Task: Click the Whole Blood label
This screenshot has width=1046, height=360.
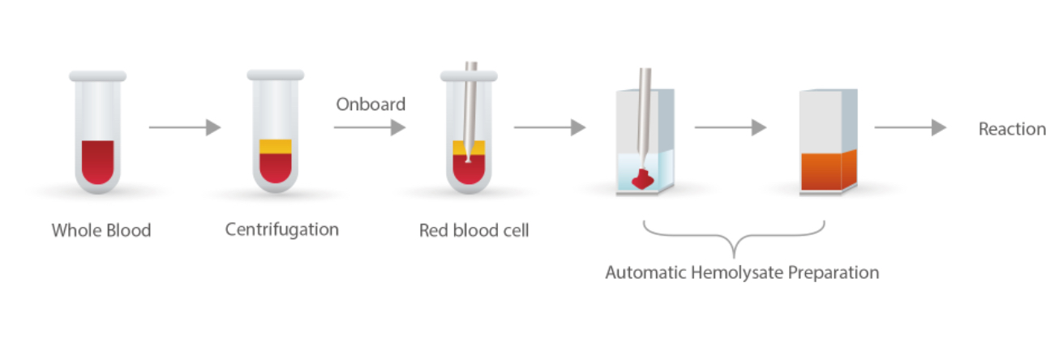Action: pyautogui.click(x=101, y=230)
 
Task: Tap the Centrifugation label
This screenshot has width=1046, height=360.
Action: pyautogui.click(x=282, y=229)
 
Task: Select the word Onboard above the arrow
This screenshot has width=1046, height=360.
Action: pyautogui.click(x=371, y=105)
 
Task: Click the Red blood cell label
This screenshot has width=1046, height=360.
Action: pyautogui.click(x=474, y=230)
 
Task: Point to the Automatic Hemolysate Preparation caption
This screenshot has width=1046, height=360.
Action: pyautogui.click(x=742, y=272)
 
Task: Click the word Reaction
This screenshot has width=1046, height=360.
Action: pyautogui.click(x=1012, y=129)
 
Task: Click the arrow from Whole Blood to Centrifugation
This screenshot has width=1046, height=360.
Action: pyautogui.click(x=185, y=127)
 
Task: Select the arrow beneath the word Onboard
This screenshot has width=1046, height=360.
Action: pyautogui.click(x=370, y=127)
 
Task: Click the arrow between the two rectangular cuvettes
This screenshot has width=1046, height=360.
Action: pyautogui.click(x=731, y=127)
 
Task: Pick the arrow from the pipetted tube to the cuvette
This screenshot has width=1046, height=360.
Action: pyautogui.click(x=550, y=127)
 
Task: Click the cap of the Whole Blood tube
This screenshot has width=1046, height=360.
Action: pyautogui.click(x=97, y=75)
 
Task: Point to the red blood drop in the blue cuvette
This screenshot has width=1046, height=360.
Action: pyautogui.click(x=645, y=178)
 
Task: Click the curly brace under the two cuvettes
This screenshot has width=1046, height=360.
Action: pyautogui.click(x=734, y=238)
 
